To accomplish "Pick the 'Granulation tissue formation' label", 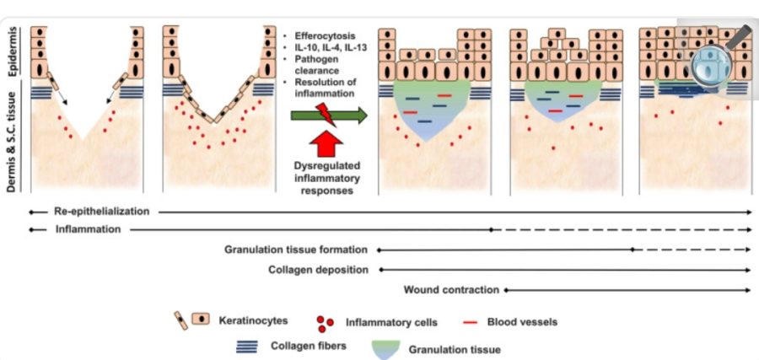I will (x=296, y=250).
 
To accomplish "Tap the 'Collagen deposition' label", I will (x=318, y=270).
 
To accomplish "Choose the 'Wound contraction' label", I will (x=450, y=290).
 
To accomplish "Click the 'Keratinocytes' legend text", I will (x=252, y=321).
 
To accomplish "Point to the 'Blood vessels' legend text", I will (x=523, y=321).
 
